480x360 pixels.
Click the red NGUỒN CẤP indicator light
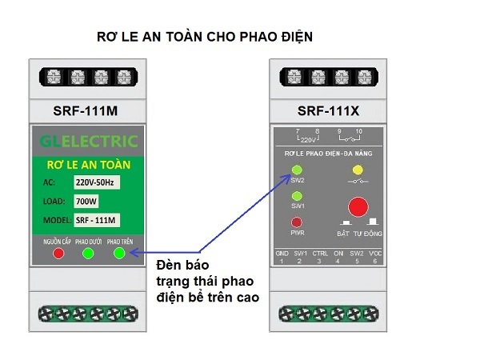pyautogui.click(x=58, y=254)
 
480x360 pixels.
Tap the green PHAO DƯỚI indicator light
pyautogui.click(x=89, y=254)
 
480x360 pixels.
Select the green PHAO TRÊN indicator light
pyautogui.click(x=119, y=254)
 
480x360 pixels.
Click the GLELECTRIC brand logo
pyautogui.click(x=89, y=142)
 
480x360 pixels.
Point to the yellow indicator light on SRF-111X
pyautogui.click(x=358, y=170)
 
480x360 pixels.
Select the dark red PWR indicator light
pyautogui.click(x=298, y=222)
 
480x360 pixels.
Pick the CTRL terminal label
pyautogui.click(x=320, y=253)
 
